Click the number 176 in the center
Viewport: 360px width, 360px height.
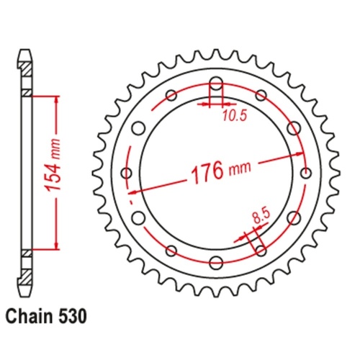tap(207, 174)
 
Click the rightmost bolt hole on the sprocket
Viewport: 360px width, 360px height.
tap(307, 173)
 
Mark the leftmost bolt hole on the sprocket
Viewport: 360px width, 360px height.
tap(127, 173)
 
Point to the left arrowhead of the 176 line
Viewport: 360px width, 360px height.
tap(132, 192)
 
